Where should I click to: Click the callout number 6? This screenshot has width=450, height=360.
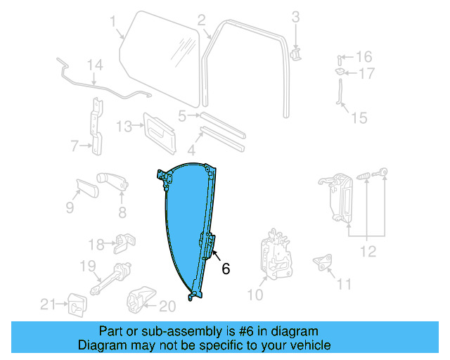tap(226, 268)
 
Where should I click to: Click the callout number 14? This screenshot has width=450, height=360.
tap(95, 65)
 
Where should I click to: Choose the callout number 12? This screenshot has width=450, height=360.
tap(368, 251)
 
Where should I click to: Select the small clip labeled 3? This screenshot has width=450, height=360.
tap(296, 53)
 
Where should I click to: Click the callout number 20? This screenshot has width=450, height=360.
tap(167, 305)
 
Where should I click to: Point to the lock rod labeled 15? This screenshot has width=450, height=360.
tap(341, 95)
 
